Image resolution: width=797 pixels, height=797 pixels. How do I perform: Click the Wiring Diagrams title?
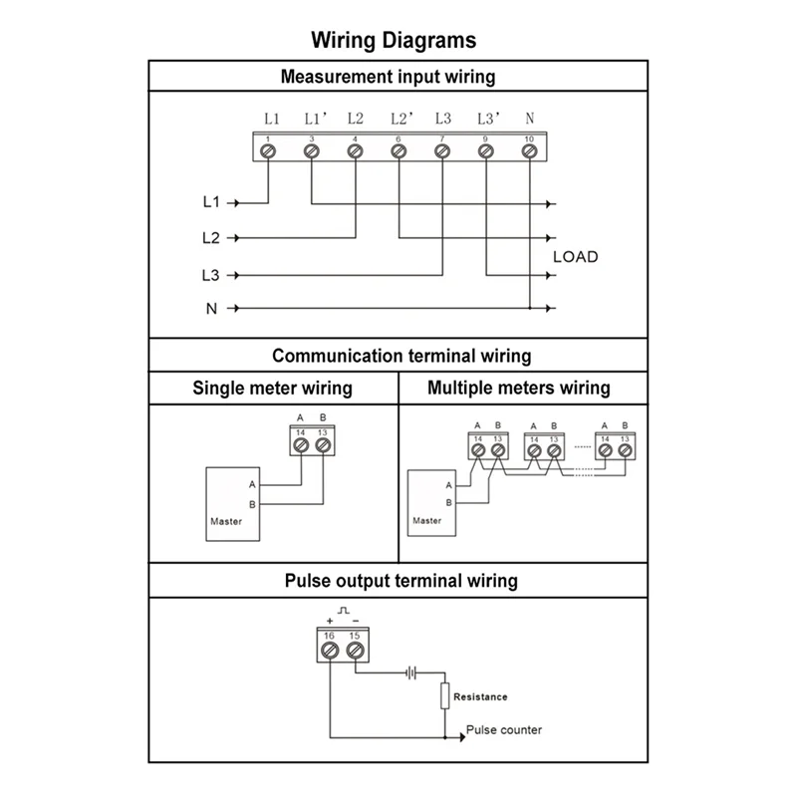click(394, 41)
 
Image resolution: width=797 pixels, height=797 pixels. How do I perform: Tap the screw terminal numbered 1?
click(267, 150)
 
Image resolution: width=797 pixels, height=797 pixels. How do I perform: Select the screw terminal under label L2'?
click(398, 150)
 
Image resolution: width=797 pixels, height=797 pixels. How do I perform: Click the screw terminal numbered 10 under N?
click(529, 150)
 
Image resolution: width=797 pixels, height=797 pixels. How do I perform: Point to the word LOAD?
click(576, 257)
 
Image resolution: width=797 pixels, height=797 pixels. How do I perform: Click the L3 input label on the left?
click(210, 274)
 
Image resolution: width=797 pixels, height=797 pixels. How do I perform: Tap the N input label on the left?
click(211, 309)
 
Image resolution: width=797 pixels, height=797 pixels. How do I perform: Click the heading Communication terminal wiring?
click(401, 356)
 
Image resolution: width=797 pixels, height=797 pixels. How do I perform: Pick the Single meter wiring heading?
click(272, 389)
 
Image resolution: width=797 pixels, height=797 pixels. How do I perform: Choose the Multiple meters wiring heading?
click(518, 389)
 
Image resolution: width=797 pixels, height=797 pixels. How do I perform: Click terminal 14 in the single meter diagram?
click(300, 444)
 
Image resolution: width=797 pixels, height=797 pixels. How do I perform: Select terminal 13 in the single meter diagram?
click(322, 444)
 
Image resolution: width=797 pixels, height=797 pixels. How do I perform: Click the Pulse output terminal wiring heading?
click(400, 580)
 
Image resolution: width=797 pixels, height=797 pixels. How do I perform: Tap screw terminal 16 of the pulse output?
click(331, 650)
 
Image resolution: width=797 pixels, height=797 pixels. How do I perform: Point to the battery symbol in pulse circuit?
click(410, 672)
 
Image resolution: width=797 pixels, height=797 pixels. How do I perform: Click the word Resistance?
click(480, 697)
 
